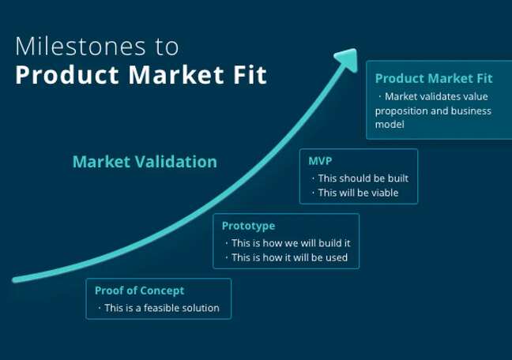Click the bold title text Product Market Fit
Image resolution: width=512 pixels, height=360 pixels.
tap(141, 75)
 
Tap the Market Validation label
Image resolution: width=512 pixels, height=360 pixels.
tap(145, 162)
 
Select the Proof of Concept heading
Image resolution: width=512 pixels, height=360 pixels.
tap(139, 290)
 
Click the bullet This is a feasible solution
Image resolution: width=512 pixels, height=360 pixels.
tap(161, 308)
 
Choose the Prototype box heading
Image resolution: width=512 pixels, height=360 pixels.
tap(248, 226)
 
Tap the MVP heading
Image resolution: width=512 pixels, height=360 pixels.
tap(320, 160)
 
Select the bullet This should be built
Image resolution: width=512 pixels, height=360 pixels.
tap(362, 178)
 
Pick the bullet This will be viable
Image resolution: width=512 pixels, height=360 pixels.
tap(357, 193)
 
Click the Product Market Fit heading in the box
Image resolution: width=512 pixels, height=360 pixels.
tap(433, 79)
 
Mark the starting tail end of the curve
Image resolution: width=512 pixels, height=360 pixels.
tap(16, 279)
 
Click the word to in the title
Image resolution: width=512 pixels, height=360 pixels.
tap(167, 46)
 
